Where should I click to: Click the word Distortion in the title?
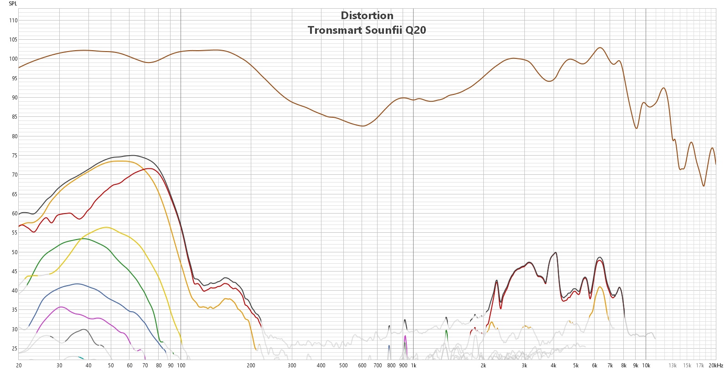click(367, 16)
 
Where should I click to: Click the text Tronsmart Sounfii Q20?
click(367, 30)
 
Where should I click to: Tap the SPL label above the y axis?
click(13, 4)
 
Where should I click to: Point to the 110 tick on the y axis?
click(13, 21)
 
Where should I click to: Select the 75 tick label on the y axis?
click(14, 156)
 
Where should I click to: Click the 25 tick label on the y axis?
click(14, 349)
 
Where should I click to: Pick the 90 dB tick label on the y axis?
click(14, 98)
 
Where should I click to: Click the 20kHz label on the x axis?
click(716, 366)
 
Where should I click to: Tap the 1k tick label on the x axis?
click(414, 366)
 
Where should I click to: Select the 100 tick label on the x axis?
click(181, 366)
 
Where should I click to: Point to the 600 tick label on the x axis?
click(362, 366)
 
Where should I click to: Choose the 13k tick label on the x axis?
click(673, 366)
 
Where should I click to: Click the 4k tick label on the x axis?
click(554, 366)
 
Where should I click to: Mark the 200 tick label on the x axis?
click(251, 366)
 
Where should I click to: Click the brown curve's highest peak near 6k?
click(600, 47)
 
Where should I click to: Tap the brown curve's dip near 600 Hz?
click(363, 126)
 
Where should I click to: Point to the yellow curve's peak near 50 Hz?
click(106, 227)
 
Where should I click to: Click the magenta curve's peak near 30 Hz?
click(61, 307)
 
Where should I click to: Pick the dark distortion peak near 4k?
click(555, 252)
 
